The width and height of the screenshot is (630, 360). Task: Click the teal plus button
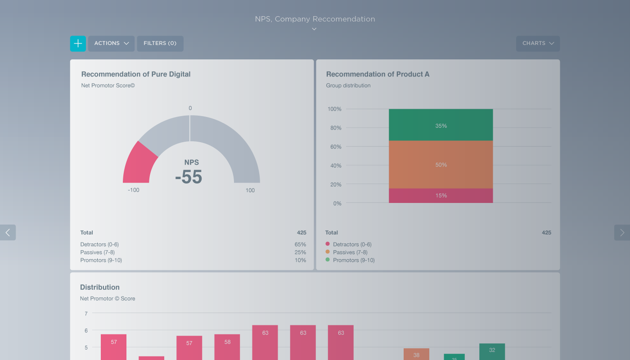(78, 44)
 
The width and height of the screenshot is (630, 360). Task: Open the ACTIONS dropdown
(111, 44)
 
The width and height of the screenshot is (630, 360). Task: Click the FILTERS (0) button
(160, 44)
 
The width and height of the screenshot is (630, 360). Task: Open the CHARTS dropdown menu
(538, 44)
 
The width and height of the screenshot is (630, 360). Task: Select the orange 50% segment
(441, 165)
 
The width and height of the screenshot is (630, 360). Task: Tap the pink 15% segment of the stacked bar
(441, 196)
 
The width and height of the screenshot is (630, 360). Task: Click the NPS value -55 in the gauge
(189, 177)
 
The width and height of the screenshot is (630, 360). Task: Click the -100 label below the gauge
(134, 190)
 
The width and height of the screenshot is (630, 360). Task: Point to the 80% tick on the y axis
(334, 128)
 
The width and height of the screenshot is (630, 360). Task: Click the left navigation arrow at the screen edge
(8, 232)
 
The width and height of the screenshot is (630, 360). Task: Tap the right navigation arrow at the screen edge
(622, 232)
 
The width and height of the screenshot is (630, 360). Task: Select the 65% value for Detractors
(300, 244)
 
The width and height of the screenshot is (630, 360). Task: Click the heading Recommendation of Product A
(378, 74)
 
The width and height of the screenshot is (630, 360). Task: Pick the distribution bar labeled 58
(227, 347)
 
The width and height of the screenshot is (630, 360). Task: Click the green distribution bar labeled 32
(492, 351)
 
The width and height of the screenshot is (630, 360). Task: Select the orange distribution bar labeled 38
(416, 354)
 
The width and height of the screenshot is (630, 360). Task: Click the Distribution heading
(100, 287)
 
